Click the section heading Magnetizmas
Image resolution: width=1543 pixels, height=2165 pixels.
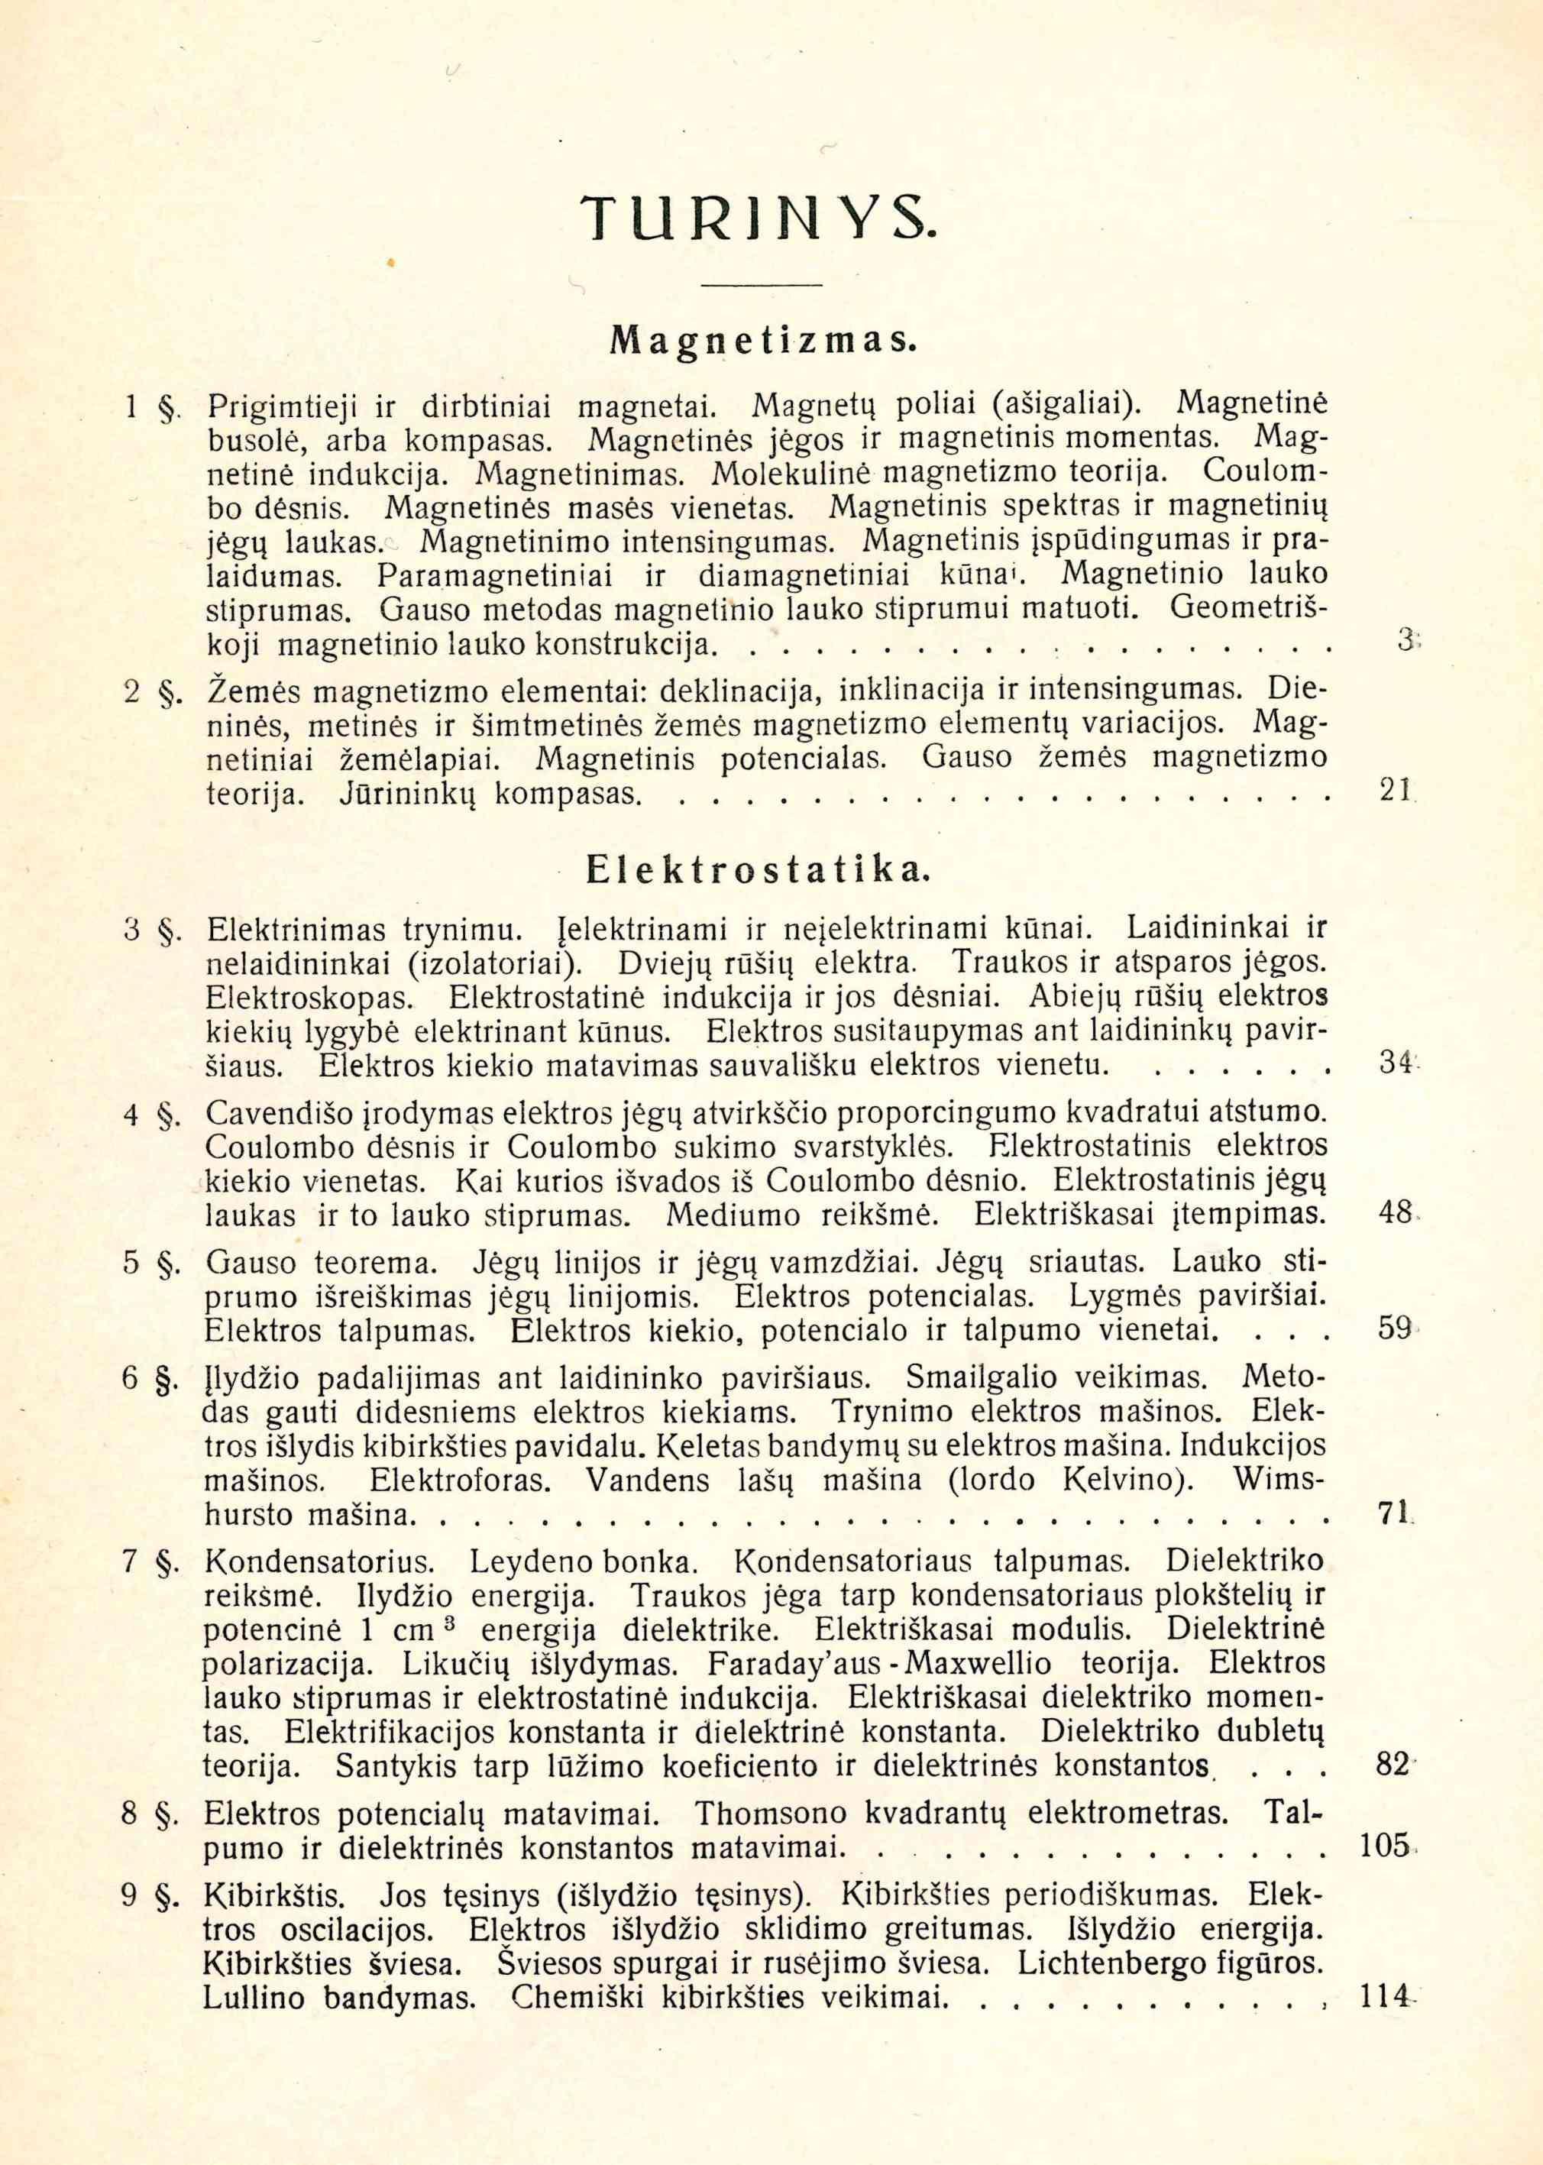761,339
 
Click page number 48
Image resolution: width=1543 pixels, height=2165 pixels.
1393,1213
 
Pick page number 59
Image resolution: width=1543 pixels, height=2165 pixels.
1393,1328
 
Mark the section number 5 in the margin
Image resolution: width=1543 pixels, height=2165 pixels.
132,1264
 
